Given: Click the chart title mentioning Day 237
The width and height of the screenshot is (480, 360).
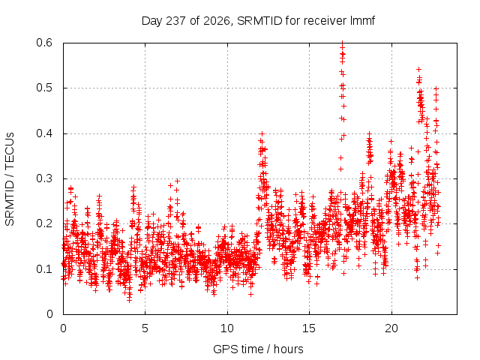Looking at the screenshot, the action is point(258,21).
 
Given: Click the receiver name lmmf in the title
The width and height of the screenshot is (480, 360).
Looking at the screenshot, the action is point(362,20).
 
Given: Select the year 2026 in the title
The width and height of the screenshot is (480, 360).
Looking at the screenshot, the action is point(217,21).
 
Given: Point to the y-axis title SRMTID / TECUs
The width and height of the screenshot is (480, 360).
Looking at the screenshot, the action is point(10,179).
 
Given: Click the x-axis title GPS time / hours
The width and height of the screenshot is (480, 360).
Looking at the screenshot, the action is point(258,349).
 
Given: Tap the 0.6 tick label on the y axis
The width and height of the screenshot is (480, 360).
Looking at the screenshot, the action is point(44,43).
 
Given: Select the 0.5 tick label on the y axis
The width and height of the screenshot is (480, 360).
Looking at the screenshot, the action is point(44,88).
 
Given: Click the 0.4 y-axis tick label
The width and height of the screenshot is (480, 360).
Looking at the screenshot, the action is point(44,133).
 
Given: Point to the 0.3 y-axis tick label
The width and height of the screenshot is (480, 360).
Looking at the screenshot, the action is point(44,178).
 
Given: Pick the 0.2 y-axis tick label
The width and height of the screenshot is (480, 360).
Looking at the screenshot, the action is point(44,223).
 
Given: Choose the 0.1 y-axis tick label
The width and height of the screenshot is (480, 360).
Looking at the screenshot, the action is point(44,269).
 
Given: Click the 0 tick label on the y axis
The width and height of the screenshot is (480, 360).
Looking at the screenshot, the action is point(49,314).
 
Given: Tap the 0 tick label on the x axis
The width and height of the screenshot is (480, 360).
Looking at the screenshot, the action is point(63,328).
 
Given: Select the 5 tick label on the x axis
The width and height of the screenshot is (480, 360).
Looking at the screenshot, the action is point(145,328).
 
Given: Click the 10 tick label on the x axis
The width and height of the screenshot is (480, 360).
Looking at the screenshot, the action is point(227,328).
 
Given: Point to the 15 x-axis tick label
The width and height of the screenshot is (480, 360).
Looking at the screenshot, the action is point(309,328).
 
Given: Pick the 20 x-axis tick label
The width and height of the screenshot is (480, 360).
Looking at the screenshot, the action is point(391,328).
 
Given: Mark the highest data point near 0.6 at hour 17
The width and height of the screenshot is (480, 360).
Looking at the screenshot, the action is point(343,43).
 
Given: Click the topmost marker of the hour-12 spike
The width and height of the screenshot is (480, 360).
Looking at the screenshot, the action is point(262,133).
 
